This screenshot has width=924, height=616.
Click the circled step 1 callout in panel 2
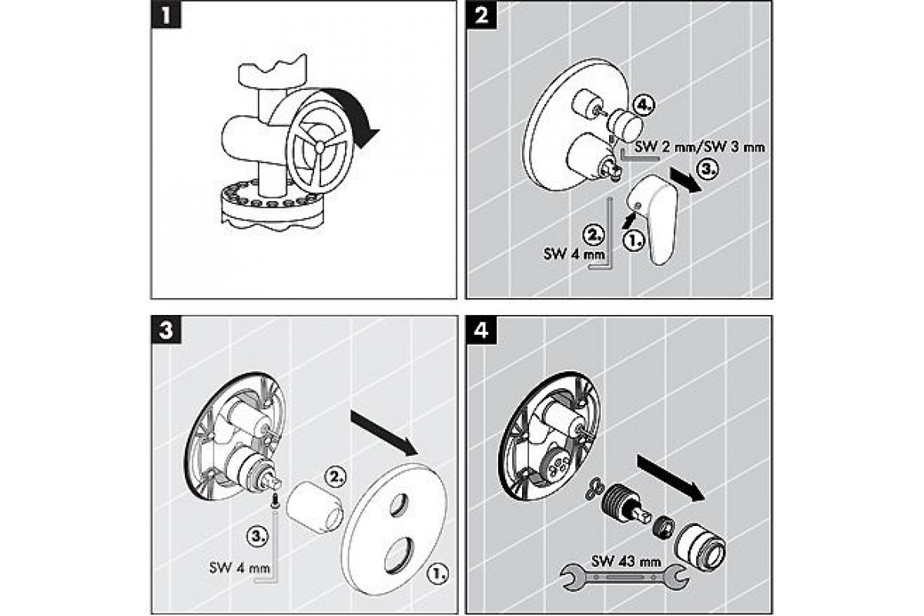pyautogui.click(x=632, y=239)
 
